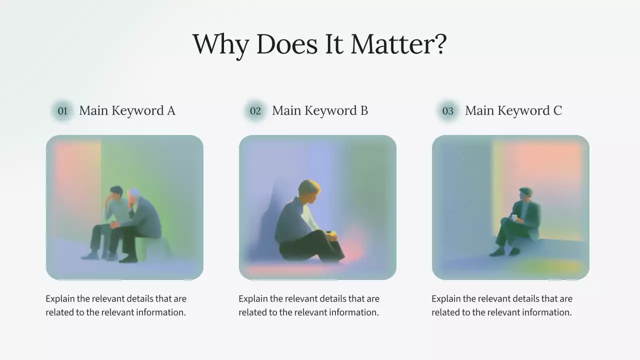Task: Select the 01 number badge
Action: [62, 111]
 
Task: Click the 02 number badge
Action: [255, 111]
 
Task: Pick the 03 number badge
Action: [448, 111]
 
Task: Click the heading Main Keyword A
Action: [127, 110]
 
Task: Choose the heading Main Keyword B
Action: [320, 110]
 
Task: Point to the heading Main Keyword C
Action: [513, 110]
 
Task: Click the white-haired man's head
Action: [134, 195]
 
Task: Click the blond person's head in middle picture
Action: [309, 190]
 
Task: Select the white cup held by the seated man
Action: [514, 217]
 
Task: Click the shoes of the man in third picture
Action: [504, 251]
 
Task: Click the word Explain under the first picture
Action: [60, 299]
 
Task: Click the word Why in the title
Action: [220, 45]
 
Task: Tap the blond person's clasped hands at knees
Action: [332, 234]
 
